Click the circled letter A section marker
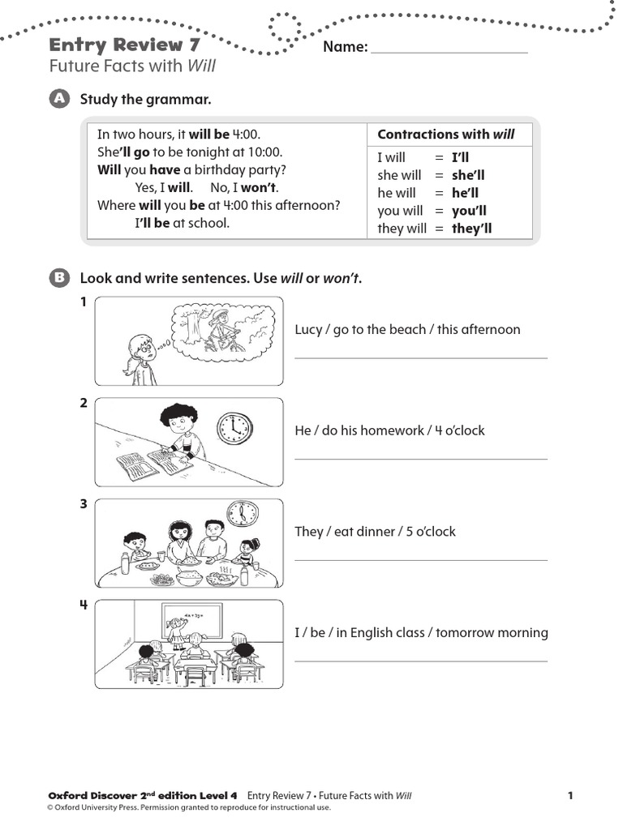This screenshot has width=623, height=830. (x=59, y=99)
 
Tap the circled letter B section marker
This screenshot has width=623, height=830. (x=59, y=279)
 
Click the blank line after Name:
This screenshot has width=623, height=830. (x=449, y=50)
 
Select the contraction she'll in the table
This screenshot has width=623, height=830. (x=468, y=175)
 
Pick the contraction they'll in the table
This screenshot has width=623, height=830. (x=471, y=229)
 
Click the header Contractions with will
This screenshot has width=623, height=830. (x=446, y=135)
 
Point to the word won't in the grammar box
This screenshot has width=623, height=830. (x=260, y=187)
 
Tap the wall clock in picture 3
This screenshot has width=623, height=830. (x=242, y=513)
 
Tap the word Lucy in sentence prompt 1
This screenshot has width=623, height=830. (x=308, y=329)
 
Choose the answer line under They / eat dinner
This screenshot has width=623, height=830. (x=420, y=559)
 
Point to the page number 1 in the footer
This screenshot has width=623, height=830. (x=570, y=795)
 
